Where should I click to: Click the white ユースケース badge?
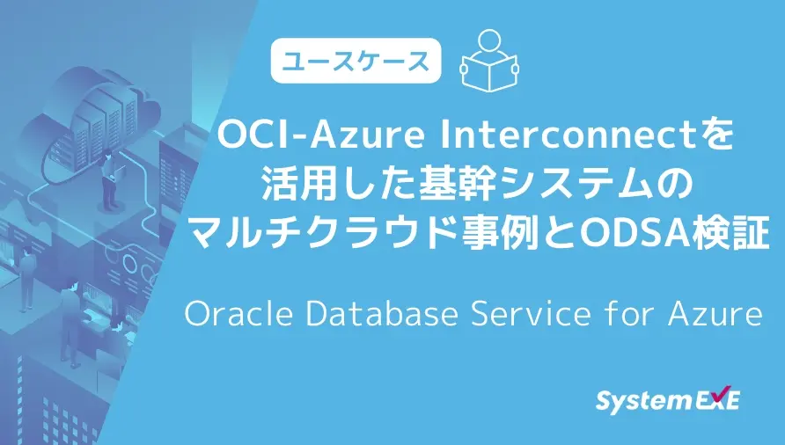356,61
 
